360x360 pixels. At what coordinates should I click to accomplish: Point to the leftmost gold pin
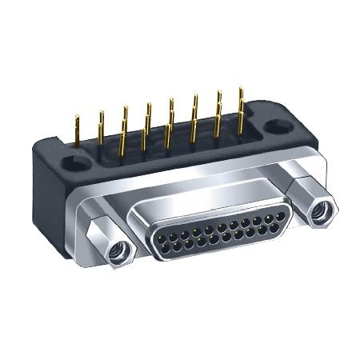(x=77, y=132)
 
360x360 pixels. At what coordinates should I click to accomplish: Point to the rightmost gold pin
(x=241, y=108)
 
